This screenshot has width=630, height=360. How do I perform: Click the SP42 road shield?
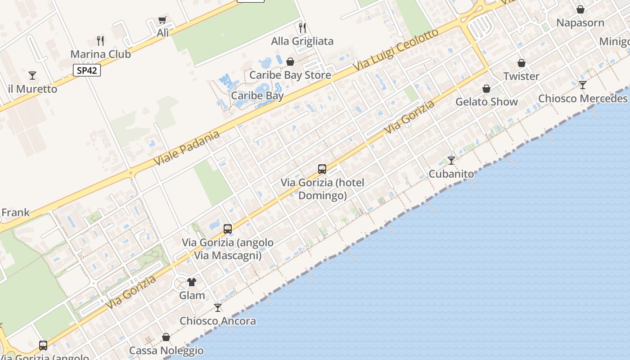[87, 71]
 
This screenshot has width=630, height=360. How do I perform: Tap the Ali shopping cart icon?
[162, 20]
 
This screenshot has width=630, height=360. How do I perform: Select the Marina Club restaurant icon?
[100, 41]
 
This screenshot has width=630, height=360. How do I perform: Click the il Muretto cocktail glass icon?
[32, 75]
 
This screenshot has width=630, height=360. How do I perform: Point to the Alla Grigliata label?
[302, 41]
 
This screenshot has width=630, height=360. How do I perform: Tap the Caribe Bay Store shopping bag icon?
[290, 62]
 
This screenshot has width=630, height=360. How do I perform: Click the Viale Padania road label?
[187, 148]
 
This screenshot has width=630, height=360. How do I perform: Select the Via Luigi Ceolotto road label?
[396, 50]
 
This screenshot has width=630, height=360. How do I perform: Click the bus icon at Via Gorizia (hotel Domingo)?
[322, 169]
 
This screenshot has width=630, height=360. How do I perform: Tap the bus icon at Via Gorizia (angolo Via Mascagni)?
[228, 229]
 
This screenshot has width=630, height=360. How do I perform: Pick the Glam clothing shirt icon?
[192, 282]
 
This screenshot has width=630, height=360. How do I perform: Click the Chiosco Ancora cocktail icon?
[218, 308]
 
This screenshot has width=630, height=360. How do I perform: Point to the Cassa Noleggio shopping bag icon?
[166, 337]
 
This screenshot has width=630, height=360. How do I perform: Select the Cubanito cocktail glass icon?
[451, 160]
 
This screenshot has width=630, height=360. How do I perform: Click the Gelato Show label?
[486, 102]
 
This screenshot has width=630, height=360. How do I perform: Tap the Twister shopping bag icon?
[522, 63]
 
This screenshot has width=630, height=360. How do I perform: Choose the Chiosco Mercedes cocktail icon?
[583, 85]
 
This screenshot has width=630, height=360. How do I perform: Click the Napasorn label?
[580, 23]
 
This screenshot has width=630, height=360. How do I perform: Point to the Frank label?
[15, 212]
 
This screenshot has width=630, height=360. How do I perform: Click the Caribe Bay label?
[257, 96]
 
